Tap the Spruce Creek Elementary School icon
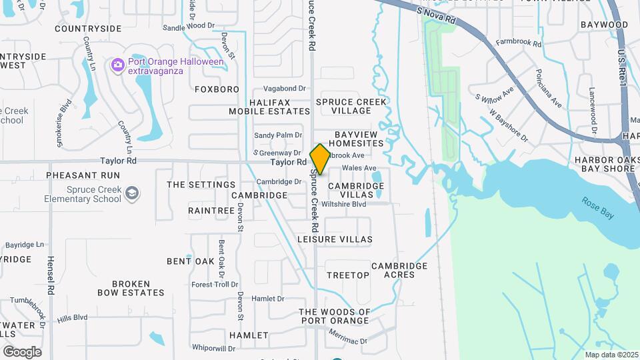coord(132,193)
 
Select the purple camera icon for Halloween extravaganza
coord(118,65)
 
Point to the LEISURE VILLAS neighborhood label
coord(335,239)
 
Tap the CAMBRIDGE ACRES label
coord(399,270)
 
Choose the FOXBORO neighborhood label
coord(217,89)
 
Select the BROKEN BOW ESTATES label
coord(131,288)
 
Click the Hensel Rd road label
coord(50,275)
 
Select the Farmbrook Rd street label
coord(519,43)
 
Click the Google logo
coord(22,352)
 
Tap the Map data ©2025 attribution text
coord(612,355)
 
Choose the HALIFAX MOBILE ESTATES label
coord(270,107)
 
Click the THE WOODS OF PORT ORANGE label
coord(334,316)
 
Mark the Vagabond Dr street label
coord(284,88)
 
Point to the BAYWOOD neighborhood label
coord(604,25)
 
